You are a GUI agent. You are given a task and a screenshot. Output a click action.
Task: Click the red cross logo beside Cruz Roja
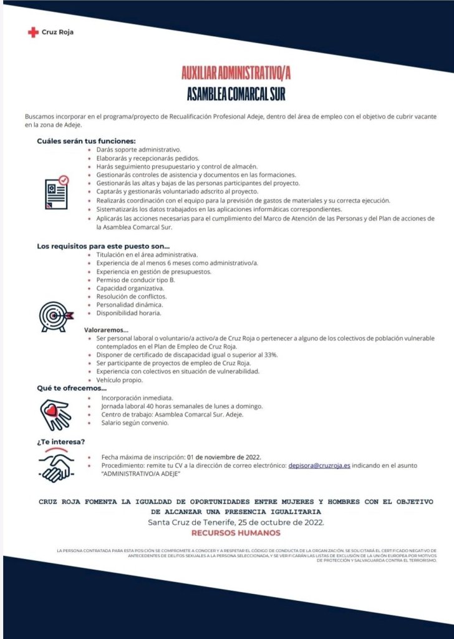(33, 32)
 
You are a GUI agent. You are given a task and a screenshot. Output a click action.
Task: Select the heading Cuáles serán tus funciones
(86, 141)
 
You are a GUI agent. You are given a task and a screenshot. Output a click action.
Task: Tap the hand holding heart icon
(56, 412)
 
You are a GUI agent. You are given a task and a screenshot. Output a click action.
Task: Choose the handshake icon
(56, 465)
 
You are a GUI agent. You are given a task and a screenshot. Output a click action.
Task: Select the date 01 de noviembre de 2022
(224, 457)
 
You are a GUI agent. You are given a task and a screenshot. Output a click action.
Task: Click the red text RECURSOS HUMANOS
(236, 533)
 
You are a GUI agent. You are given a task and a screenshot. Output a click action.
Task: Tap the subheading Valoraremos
(106, 329)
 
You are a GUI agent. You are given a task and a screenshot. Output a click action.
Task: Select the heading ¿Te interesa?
(61, 442)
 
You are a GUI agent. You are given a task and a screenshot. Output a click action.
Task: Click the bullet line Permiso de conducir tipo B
(135, 280)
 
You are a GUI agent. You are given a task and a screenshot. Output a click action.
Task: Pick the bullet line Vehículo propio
(120, 380)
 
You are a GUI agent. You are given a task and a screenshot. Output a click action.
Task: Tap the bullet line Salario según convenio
(134, 423)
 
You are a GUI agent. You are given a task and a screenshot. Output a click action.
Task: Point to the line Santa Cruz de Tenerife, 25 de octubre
(236, 522)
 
